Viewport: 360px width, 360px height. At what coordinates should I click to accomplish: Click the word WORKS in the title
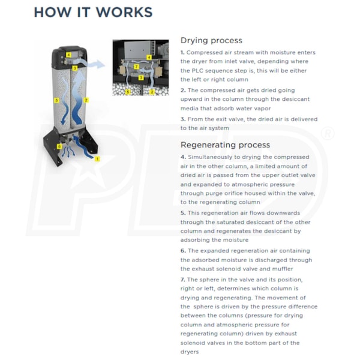[124, 12]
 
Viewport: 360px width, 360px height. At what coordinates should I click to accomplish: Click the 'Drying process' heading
[211, 40]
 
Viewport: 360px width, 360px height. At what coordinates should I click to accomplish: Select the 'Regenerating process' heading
[225, 145]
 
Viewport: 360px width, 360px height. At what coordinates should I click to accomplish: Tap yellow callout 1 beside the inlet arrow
[97, 159]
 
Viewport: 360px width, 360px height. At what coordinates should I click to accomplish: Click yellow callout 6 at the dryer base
[59, 146]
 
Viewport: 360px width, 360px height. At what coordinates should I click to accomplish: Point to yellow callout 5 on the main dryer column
[56, 100]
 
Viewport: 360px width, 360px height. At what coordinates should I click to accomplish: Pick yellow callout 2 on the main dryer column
[86, 100]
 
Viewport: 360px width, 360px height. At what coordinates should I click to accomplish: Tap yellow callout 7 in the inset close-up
[137, 67]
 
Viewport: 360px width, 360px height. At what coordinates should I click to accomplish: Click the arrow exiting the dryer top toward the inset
[96, 64]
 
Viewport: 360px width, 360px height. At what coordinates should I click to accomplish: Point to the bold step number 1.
[182, 53]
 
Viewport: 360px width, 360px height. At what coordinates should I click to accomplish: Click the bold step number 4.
[182, 157]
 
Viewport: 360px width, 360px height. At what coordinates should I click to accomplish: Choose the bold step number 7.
[182, 280]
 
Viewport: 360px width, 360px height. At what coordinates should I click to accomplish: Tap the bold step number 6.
[182, 250]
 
